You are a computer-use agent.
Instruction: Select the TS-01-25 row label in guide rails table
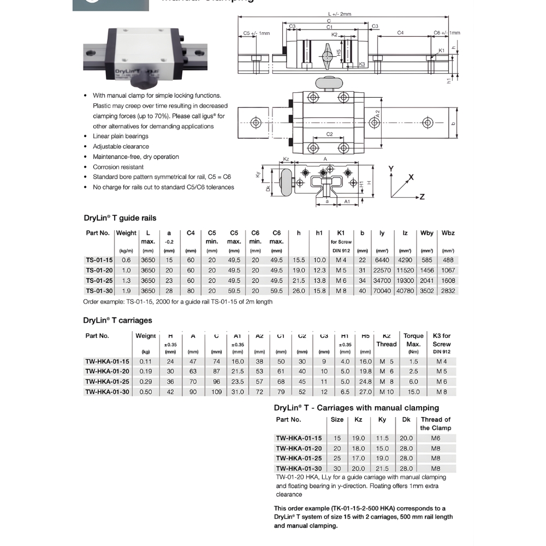pos(99,281)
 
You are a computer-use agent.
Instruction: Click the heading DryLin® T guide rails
pos(120,218)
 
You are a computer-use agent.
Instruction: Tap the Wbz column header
pos(448,233)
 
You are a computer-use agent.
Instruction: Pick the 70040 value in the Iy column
pos(382,291)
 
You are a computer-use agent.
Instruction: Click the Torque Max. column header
pos(413,340)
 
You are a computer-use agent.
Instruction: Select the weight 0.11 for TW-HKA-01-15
pos(145,361)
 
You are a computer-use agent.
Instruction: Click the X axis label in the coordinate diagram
pos(411,177)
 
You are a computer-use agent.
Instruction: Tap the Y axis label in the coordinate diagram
pos(391,169)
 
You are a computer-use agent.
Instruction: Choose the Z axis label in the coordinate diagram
pos(422,197)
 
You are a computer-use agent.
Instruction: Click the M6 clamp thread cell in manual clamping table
pos(435,438)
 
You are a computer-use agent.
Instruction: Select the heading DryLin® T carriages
pos(117,321)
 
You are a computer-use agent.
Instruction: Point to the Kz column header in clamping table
pos(358,420)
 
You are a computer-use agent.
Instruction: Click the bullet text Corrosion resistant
pos(118,167)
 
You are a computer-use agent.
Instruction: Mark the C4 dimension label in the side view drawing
pos(400,33)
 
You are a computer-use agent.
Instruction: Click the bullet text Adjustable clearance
pos(121,146)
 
